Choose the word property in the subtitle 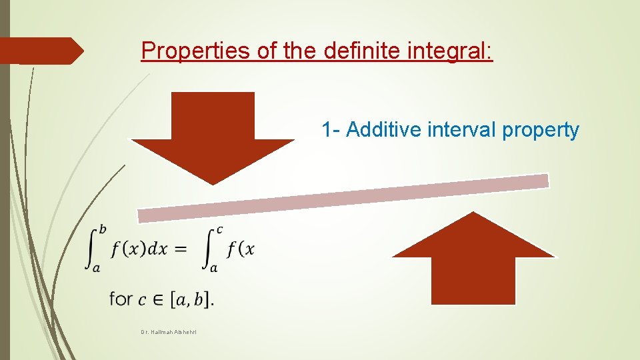tap(541, 131)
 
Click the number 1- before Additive tap(331, 129)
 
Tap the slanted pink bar tap(343, 198)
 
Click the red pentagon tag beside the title tap(40, 51)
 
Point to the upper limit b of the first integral tap(102, 230)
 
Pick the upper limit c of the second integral tap(219, 230)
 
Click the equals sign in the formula tap(180, 250)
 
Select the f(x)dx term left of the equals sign tap(139, 249)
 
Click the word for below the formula tap(121, 299)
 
